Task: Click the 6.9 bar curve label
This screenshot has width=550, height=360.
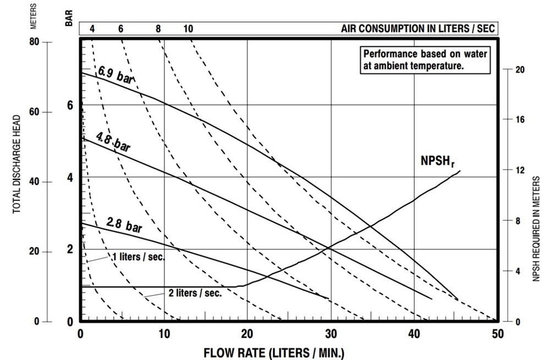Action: (116, 75)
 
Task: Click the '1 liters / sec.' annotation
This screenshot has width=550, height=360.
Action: (138, 257)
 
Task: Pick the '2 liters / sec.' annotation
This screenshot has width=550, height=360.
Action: (195, 293)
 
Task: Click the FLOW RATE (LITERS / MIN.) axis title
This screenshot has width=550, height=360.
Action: (274, 352)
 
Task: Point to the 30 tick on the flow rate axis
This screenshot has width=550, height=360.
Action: (331, 333)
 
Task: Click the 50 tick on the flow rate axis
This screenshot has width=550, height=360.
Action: (498, 333)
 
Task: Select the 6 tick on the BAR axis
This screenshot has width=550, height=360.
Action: (70, 105)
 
